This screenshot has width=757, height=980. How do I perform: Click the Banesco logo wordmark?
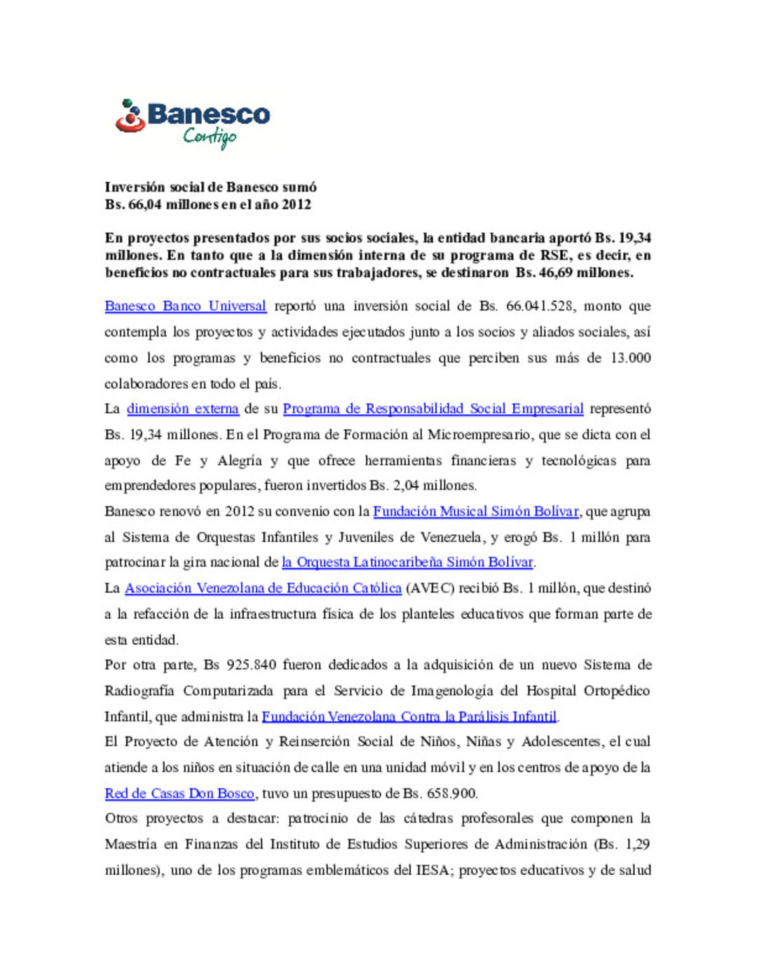[x=208, y=114]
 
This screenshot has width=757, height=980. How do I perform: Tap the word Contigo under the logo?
[x=210, y=136]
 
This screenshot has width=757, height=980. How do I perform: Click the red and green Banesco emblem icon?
[x=130, y=116]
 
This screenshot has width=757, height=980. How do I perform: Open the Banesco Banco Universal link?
[x=185, y=306]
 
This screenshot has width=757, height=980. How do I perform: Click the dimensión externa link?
[x=182, y=409]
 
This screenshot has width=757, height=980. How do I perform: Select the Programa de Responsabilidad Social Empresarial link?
[x=432, y=409]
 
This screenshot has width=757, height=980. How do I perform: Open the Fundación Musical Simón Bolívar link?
[x=475, y=512]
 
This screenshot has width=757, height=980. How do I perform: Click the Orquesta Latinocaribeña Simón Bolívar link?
[x=407, y=562]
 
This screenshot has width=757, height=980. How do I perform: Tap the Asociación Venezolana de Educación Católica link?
[x=263, y=588]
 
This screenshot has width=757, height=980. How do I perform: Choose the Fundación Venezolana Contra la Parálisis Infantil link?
[x=409, y=716]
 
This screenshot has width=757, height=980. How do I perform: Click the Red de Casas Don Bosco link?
[x=179, y=794]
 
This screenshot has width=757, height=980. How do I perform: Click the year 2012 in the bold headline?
[x=296, y=205]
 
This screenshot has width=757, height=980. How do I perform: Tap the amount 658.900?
[x=449, y=794]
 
